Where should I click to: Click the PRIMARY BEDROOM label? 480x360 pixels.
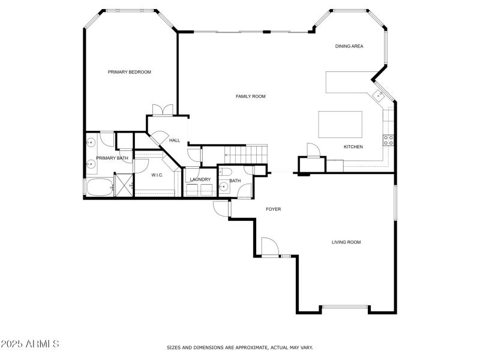click(129, 72)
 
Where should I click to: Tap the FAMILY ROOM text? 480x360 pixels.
click(250, 96)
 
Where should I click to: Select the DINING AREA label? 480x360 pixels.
click(349, 46)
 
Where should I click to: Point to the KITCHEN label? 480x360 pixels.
click(353, 147)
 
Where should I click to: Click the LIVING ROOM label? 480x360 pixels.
click(346, 242)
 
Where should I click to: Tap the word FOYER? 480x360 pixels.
click(274, 209)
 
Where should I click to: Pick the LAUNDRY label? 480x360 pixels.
click(200, 179)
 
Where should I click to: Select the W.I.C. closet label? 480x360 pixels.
click(157, 175)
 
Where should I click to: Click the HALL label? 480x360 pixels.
click(175, 140)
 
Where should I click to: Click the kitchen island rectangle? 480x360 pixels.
click(340, 124)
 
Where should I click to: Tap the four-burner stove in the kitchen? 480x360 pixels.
click(388, 140)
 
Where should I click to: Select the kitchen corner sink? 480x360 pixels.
click(379, 94)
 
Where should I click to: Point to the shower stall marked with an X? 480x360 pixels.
click(123, 185)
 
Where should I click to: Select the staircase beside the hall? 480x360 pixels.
click(234, 154)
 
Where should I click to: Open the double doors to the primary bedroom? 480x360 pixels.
click(163, 110)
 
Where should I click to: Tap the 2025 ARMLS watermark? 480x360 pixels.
click(30, 344)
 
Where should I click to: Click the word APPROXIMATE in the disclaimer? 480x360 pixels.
click(248, 347)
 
